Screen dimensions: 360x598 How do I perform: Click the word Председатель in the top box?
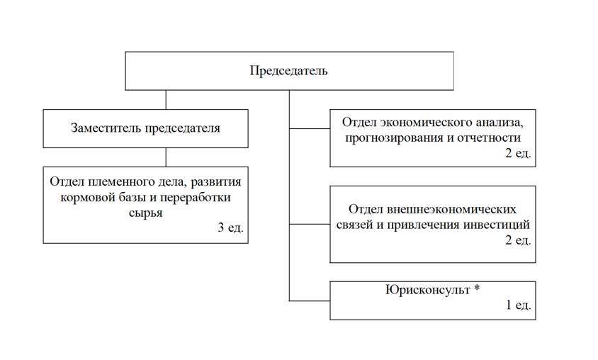[x=288, y=71]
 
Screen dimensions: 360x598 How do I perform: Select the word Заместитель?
[x=106, y=128]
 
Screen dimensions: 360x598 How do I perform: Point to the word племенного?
[x=113, y=181]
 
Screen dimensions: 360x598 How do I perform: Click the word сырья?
[x=146, y=212]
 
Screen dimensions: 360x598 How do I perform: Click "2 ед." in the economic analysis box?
[x=517, y=153]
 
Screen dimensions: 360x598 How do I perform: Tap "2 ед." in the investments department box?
[x=517, y=241]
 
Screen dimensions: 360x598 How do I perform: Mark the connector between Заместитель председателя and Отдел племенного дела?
[x=166, y=157]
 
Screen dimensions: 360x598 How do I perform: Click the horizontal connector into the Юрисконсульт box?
[x=310, y=300]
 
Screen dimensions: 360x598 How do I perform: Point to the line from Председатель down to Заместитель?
[x=166, y=99]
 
